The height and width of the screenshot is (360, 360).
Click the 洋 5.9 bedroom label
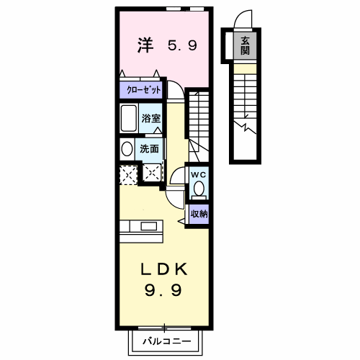[x=167, y=45]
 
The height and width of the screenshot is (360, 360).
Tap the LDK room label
[x=164, y=269]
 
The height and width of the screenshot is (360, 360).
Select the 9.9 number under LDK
[x=163, y=289]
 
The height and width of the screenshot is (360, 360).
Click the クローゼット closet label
[x=143, y=90]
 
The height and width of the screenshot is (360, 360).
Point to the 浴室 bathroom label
[x=150, y=118]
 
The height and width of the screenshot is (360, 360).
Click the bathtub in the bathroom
[x=129, y=118]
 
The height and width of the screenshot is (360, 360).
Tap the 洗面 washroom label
[x=149, y=149]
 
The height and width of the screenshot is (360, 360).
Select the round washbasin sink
[x=127, y=149]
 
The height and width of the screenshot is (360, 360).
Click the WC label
[x=199, y=175]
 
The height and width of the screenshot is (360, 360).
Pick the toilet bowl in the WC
[x=199, y=189]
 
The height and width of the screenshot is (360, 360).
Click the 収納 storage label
[x=199, y=214]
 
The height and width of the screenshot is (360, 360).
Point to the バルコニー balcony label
[x=167, y=341]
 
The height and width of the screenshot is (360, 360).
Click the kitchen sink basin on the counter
[x=149, y=226]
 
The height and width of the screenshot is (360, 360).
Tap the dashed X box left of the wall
[x=128, y=175]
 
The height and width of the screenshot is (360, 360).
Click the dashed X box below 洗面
[x=152, y=172]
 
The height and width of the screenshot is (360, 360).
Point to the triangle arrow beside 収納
[x=181, y=221]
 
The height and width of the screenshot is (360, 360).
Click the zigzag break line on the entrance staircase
[x=245, y=127]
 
